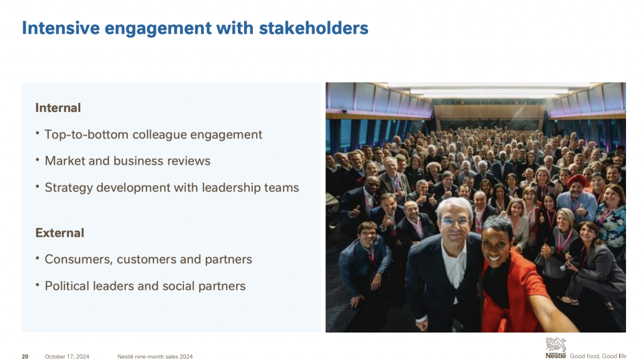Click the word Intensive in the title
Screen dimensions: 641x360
tap(61, 28)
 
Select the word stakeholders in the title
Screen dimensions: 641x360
tap(314, 28)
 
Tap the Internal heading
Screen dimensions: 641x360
tap(58, 108)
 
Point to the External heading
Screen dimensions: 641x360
tap(59, 233)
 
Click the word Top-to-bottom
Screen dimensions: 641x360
tap(86, 135)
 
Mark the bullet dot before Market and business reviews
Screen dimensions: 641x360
tap(37, 160)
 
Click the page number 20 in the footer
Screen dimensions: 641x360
tap(25, 356)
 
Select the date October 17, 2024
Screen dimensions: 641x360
tap(67, 356)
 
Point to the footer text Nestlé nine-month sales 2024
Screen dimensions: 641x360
tap(155, 356)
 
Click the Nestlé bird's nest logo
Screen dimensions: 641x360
tap(556, 348)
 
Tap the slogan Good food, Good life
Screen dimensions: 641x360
tap(598, 356)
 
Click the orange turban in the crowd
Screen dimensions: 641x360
tap(576, 181)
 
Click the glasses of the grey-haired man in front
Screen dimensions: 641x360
tap(454, 221)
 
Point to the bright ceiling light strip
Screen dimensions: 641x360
tap(488, 91)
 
